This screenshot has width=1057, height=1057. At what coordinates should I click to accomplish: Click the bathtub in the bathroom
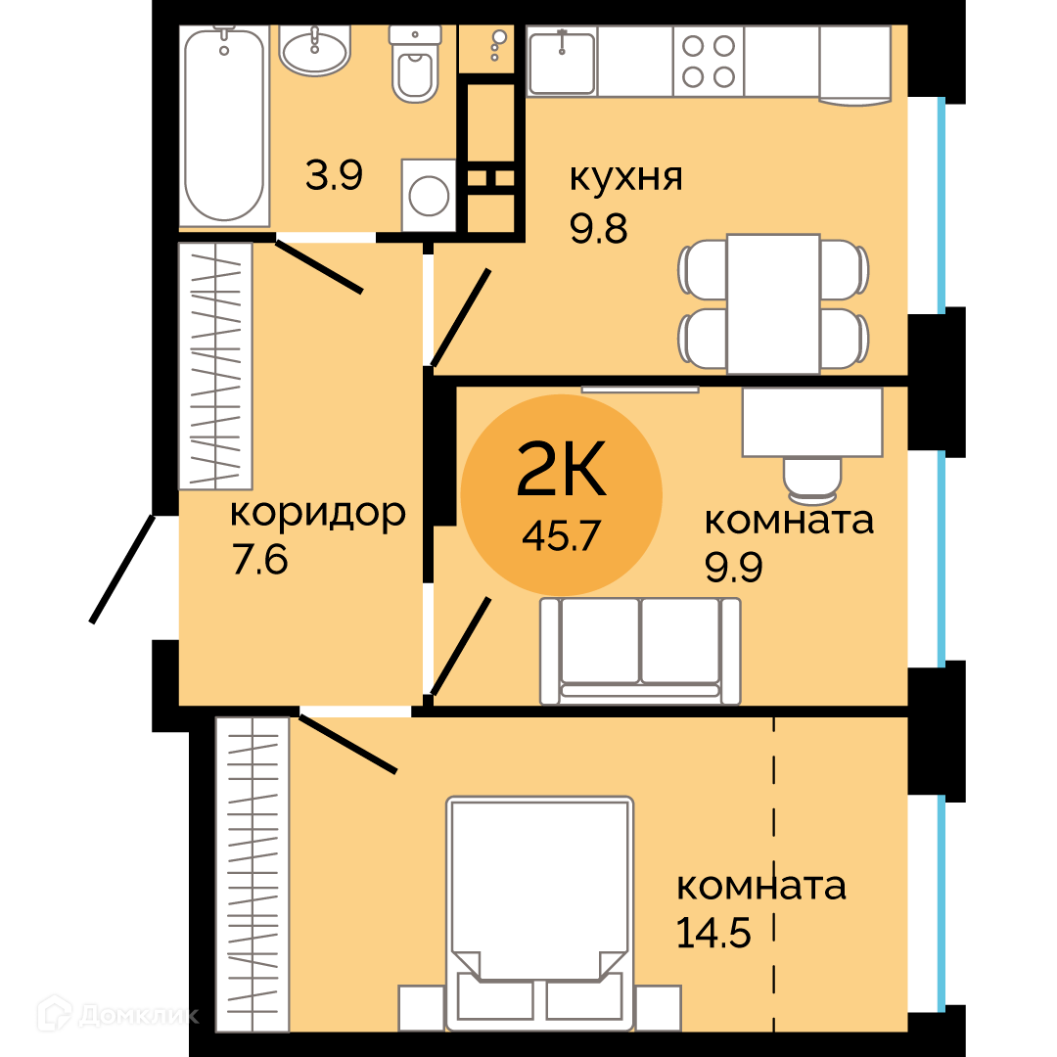tap(224, 126)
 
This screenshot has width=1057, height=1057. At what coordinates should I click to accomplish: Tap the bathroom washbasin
tap(314, 49)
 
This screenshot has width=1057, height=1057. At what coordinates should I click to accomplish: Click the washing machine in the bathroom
tap(429, 195)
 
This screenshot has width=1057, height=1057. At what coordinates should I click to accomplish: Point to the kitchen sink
tap(562, 62)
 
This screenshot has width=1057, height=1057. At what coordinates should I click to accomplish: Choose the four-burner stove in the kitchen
tap(709, 62)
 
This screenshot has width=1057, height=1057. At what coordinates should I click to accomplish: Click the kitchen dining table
tap(773, 303)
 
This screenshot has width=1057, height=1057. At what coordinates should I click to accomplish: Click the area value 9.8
tap(599, 228)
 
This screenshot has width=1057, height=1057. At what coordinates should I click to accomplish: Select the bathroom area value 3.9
tap(335, 175)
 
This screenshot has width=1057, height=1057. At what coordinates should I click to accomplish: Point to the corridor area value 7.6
tap(259, 560)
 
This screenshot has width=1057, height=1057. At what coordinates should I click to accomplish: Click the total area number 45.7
tap(561, 536)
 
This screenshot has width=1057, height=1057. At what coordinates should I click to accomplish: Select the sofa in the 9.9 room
tap(640, 651)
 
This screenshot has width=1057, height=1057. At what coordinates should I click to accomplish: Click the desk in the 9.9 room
tap(812, 422)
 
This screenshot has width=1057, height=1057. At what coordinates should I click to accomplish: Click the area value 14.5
tap(713, 935)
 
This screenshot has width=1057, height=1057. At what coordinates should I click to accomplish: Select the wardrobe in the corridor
tap(215, 366)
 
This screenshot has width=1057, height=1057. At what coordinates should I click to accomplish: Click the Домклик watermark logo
tap(118, 1014)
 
